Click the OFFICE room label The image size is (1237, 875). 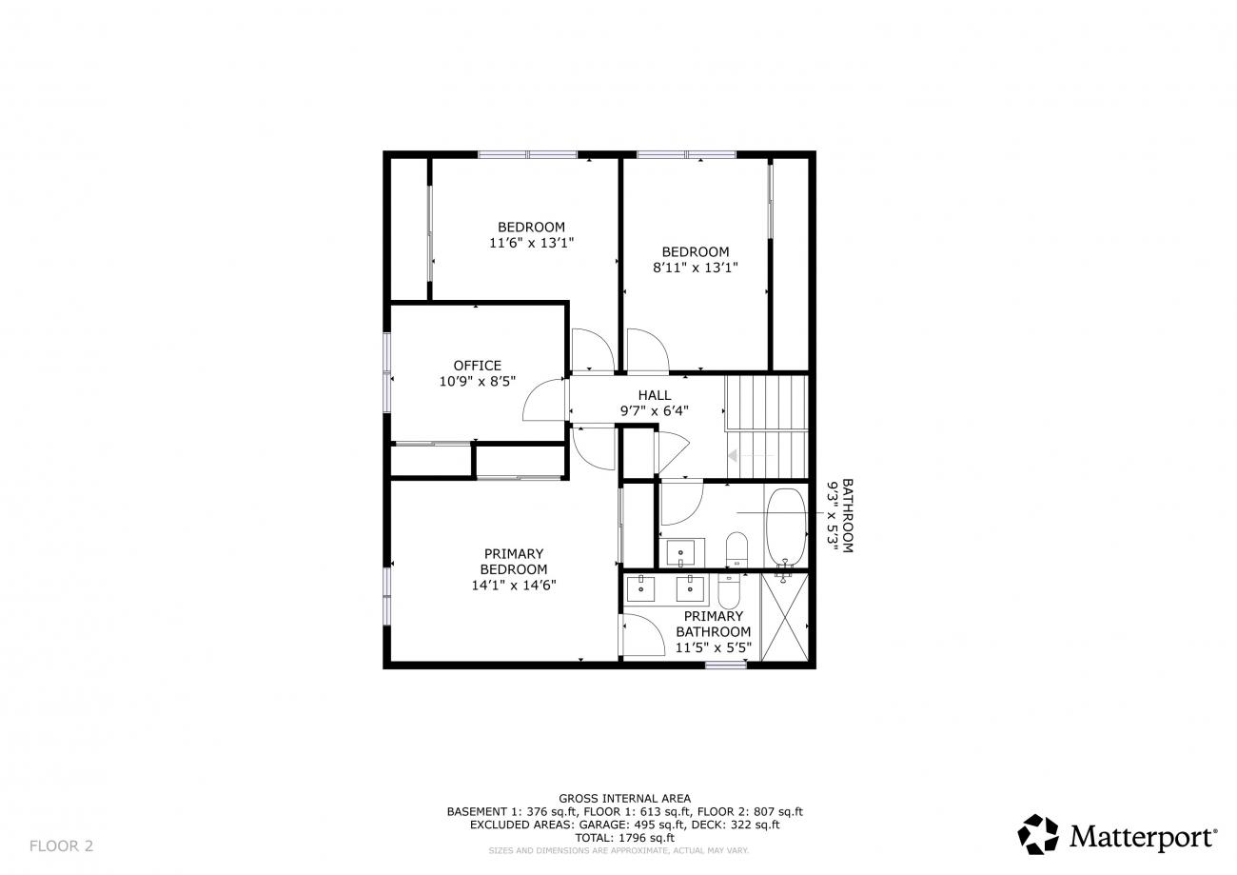(477, 365)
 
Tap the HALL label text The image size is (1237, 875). (655, 395)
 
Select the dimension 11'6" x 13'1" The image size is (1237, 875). (531, 243)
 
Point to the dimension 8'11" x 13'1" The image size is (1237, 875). (696, 268)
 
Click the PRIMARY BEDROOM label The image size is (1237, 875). (514, 561)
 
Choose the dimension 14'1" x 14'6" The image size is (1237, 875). (514, 585)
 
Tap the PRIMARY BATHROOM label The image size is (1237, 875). (713, 624)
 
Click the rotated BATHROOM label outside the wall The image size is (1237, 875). (848, 515)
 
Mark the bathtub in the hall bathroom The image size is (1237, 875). (786, 527)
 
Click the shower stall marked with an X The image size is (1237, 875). (784, 617)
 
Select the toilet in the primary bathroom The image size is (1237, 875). (729, 591)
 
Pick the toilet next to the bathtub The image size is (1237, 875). (736, 549)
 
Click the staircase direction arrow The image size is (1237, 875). (751, 456)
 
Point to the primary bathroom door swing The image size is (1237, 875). (643, 635)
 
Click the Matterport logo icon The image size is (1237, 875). (1038, 834)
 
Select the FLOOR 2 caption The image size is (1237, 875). (61, 845)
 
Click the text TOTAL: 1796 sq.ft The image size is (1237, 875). (624, 838)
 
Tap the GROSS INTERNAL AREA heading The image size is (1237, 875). (624, 798)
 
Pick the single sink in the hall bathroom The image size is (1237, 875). (681, 553)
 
